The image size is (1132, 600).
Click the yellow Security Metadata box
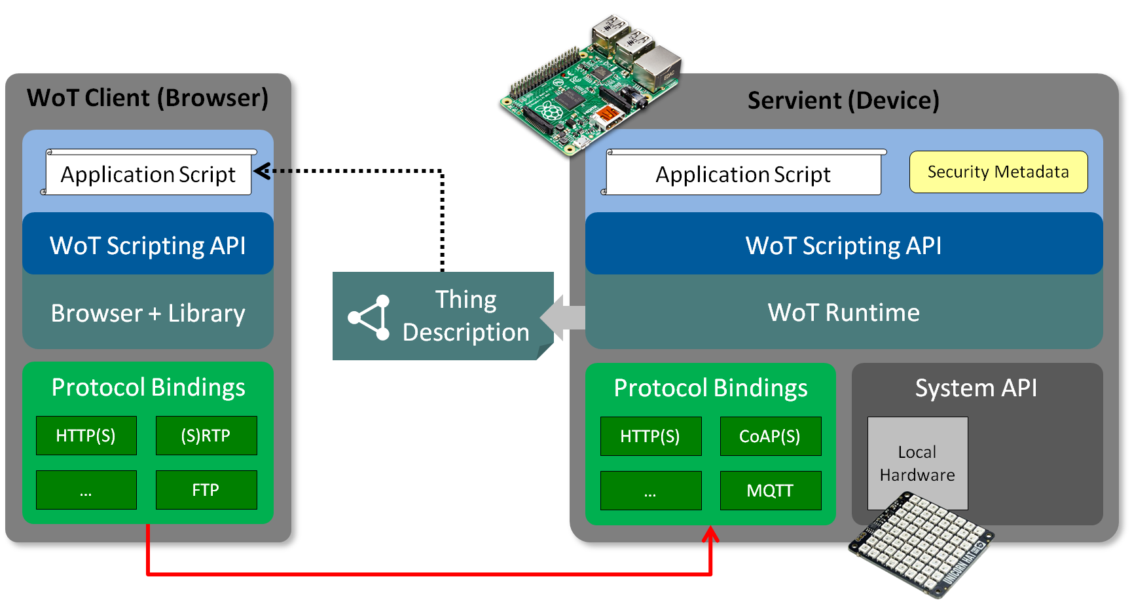pos(998,172)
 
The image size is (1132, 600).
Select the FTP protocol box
pos(206,490)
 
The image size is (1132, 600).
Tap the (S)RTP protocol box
pos(206,436)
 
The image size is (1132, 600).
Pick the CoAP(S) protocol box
pos(770,436)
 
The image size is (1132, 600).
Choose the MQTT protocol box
pos(770,491)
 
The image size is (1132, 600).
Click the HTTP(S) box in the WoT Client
pos(86,436)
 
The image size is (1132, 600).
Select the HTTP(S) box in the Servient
pos(650,436)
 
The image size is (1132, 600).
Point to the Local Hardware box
pos(917,463)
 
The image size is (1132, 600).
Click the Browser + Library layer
pos(148,313)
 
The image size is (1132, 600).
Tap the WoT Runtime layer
pos(843,312)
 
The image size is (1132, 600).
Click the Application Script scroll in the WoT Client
pos(148,174)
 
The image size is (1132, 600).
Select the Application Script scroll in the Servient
pos(743,174)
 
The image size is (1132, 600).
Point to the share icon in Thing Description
pos(370,318)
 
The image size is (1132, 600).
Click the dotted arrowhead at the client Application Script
pos(262,172)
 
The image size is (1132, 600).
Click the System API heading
pos(976,388)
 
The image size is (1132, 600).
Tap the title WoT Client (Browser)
pos(148,98)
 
